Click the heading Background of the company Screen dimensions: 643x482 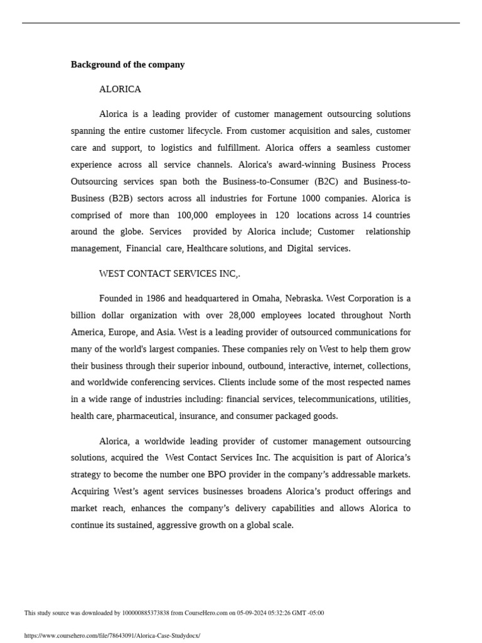[x=127, y=65]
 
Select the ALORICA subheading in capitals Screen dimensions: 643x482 [x=120, y=89]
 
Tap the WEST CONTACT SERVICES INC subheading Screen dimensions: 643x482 [x=169, y=274]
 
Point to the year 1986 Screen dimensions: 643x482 [x=156, y=299]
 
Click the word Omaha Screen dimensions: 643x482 [x=265, y=299]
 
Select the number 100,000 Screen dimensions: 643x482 [x=191, y=215]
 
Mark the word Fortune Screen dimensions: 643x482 [x=284, y=198]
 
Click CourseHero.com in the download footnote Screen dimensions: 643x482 [x=207, y=613]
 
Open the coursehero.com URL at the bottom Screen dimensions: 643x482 [x=112, y=635]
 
